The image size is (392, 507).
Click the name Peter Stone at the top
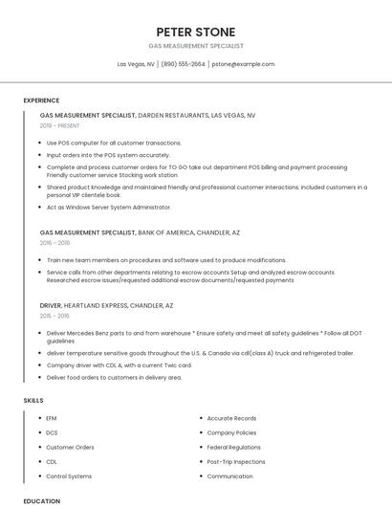click(x=196, y=31)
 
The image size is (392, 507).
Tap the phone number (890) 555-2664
click(x=184, y=64)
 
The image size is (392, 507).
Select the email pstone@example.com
click(x=243, y=64)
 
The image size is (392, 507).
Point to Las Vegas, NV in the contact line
click(x=136, y=64)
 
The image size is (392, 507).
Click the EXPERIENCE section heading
click(x=41, y=100)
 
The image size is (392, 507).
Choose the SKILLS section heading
click(x=33, y=400)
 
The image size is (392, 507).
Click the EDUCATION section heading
click(x=41, y=501)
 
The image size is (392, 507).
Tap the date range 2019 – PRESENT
click(x=60, y=125)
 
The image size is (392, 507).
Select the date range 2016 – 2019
click(x=54, y=243)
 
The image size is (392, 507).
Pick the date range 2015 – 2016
click(x=54, y=316)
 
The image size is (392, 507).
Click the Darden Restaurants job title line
click(x=147, y=115)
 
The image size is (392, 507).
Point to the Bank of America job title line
click(x=140, y=232)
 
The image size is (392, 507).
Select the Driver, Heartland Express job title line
click(x=107, y=305)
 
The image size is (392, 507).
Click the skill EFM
click(x=52, y=418)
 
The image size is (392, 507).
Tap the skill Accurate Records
click(x=231, y=418)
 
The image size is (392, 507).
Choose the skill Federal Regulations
click(x=233, y=447)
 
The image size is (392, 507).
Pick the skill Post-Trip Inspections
click(x=236, y=461)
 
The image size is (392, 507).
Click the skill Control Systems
click(x=69, y=476)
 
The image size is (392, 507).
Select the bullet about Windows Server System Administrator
click(x=109, y=207)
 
